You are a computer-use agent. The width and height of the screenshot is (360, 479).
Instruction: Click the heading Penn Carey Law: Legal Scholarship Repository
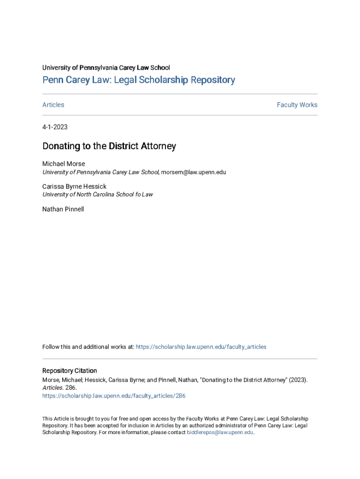click(x=138, y=80)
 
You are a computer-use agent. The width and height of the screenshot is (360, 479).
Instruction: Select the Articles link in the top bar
click(x=53, y=105)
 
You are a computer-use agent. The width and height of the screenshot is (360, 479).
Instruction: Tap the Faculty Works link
click(x=297, y=105)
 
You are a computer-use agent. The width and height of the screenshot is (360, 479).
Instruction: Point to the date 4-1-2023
click(x=55, y=127)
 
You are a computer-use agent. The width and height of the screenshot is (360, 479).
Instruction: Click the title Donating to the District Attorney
click(x=109, y=146)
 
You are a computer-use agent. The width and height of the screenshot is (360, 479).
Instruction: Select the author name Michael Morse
click(x=64, y=164)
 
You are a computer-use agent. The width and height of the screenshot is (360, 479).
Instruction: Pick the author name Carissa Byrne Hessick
click(x=74, y=186)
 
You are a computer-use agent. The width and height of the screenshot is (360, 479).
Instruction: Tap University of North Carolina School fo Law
click(x=98, y=194)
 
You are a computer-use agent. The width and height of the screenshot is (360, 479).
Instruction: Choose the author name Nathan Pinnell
click(x=63, y=209)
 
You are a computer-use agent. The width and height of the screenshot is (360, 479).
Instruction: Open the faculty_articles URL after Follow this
click(x=201, y=347)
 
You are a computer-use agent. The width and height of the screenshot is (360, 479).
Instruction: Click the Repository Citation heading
click(x=70, y=370)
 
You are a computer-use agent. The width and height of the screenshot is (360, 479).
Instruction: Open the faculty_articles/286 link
click(x=114, y=396)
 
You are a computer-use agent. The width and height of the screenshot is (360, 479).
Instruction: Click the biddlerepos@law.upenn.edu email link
click(x=220, y=433)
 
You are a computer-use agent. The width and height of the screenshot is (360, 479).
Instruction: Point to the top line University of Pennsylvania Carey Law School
click(x=106, y=68)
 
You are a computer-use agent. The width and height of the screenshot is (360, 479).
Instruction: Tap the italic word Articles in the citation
click(x=52, y=388)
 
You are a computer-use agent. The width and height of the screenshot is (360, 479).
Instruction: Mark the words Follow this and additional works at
click(x=88, y=347)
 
